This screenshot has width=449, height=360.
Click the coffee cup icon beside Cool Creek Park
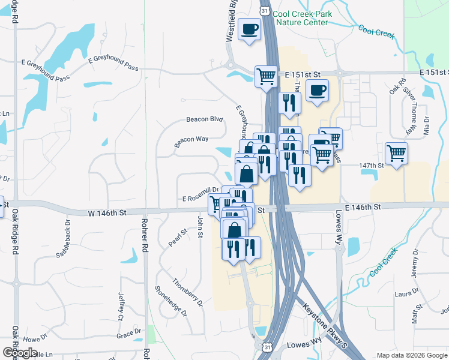click(249, 28)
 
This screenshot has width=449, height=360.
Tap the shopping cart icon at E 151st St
click(265, 76)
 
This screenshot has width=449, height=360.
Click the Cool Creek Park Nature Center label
click(300, 18)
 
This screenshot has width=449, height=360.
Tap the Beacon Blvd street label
click(204, 119)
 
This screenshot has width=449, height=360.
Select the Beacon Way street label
click(191, 141)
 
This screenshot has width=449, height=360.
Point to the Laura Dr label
click(406, 293)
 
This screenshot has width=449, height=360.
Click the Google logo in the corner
click(20, 352)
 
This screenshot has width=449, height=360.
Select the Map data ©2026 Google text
click(411, 355)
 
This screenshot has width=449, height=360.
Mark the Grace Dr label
click(128, 332)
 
